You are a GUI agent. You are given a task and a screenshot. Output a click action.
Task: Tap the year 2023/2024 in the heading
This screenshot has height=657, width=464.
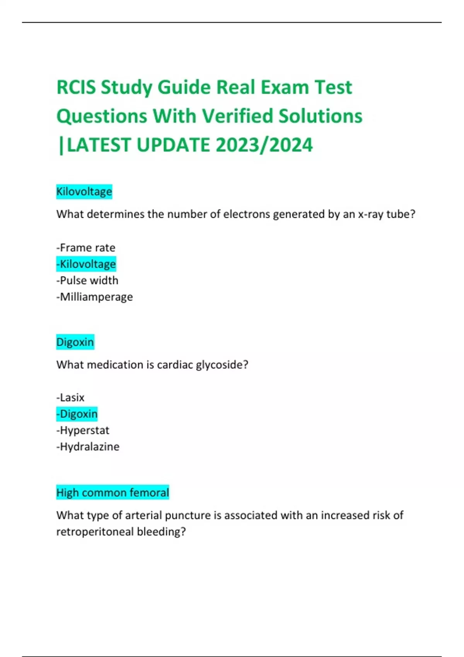point(264,145)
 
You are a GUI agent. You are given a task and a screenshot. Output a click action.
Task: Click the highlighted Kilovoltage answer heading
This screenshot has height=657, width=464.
point(84,192)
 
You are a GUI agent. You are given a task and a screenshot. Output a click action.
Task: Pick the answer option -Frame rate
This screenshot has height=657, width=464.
point(86,248)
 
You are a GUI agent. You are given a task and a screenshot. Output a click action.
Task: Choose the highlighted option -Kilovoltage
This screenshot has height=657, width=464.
point(86,264)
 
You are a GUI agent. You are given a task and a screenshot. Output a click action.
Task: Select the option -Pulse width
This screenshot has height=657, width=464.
point(87,281)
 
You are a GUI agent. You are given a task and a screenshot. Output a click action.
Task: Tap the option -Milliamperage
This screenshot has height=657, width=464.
point(95,297)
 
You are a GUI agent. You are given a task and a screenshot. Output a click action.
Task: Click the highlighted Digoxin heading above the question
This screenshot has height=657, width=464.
point(75,342)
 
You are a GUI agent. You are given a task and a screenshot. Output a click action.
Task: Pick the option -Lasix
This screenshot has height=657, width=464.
point(70,398)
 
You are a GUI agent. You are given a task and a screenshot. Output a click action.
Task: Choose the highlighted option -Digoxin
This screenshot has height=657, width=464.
point(77,414)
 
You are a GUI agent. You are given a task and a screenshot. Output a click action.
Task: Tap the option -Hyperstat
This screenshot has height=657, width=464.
point(83,431)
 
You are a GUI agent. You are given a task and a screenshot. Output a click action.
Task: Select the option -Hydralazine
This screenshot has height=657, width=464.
point(88,447)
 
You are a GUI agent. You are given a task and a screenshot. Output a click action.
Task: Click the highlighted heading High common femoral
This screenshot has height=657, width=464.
point(113,493)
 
